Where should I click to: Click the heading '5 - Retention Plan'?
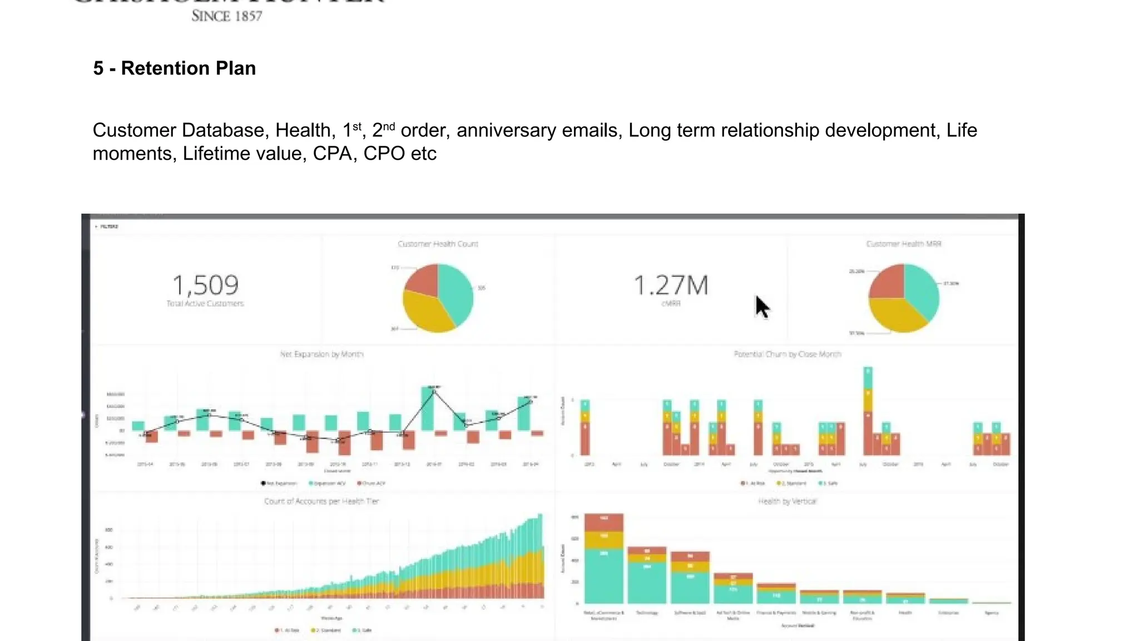click(x=174, y=68)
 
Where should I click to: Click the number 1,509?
click(x=205, y=285)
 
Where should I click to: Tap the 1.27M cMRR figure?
click(x=671, y=285)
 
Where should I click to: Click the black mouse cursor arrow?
click(x=761, y=307)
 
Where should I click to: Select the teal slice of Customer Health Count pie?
click(x=455, y=292)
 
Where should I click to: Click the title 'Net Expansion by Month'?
click(x=321, y=354)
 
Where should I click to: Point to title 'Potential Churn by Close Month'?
click(x=787, y=354)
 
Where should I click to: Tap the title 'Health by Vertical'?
click(x=787, y=501)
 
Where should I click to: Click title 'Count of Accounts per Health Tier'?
click(x=321, y=501)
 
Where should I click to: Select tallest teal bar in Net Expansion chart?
click(x=427, y=409)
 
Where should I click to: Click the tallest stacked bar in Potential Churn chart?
click(x=868, y=412)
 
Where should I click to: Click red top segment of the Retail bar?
click(x=603, y=522)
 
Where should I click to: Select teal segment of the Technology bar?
click(x=647, y=581)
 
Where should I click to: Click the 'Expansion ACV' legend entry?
click(x=328, y=483)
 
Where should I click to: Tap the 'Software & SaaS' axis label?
click(x=690, y=613)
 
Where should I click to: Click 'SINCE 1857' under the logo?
click(x=226, y=16)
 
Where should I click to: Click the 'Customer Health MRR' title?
click(x=903, y=244)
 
